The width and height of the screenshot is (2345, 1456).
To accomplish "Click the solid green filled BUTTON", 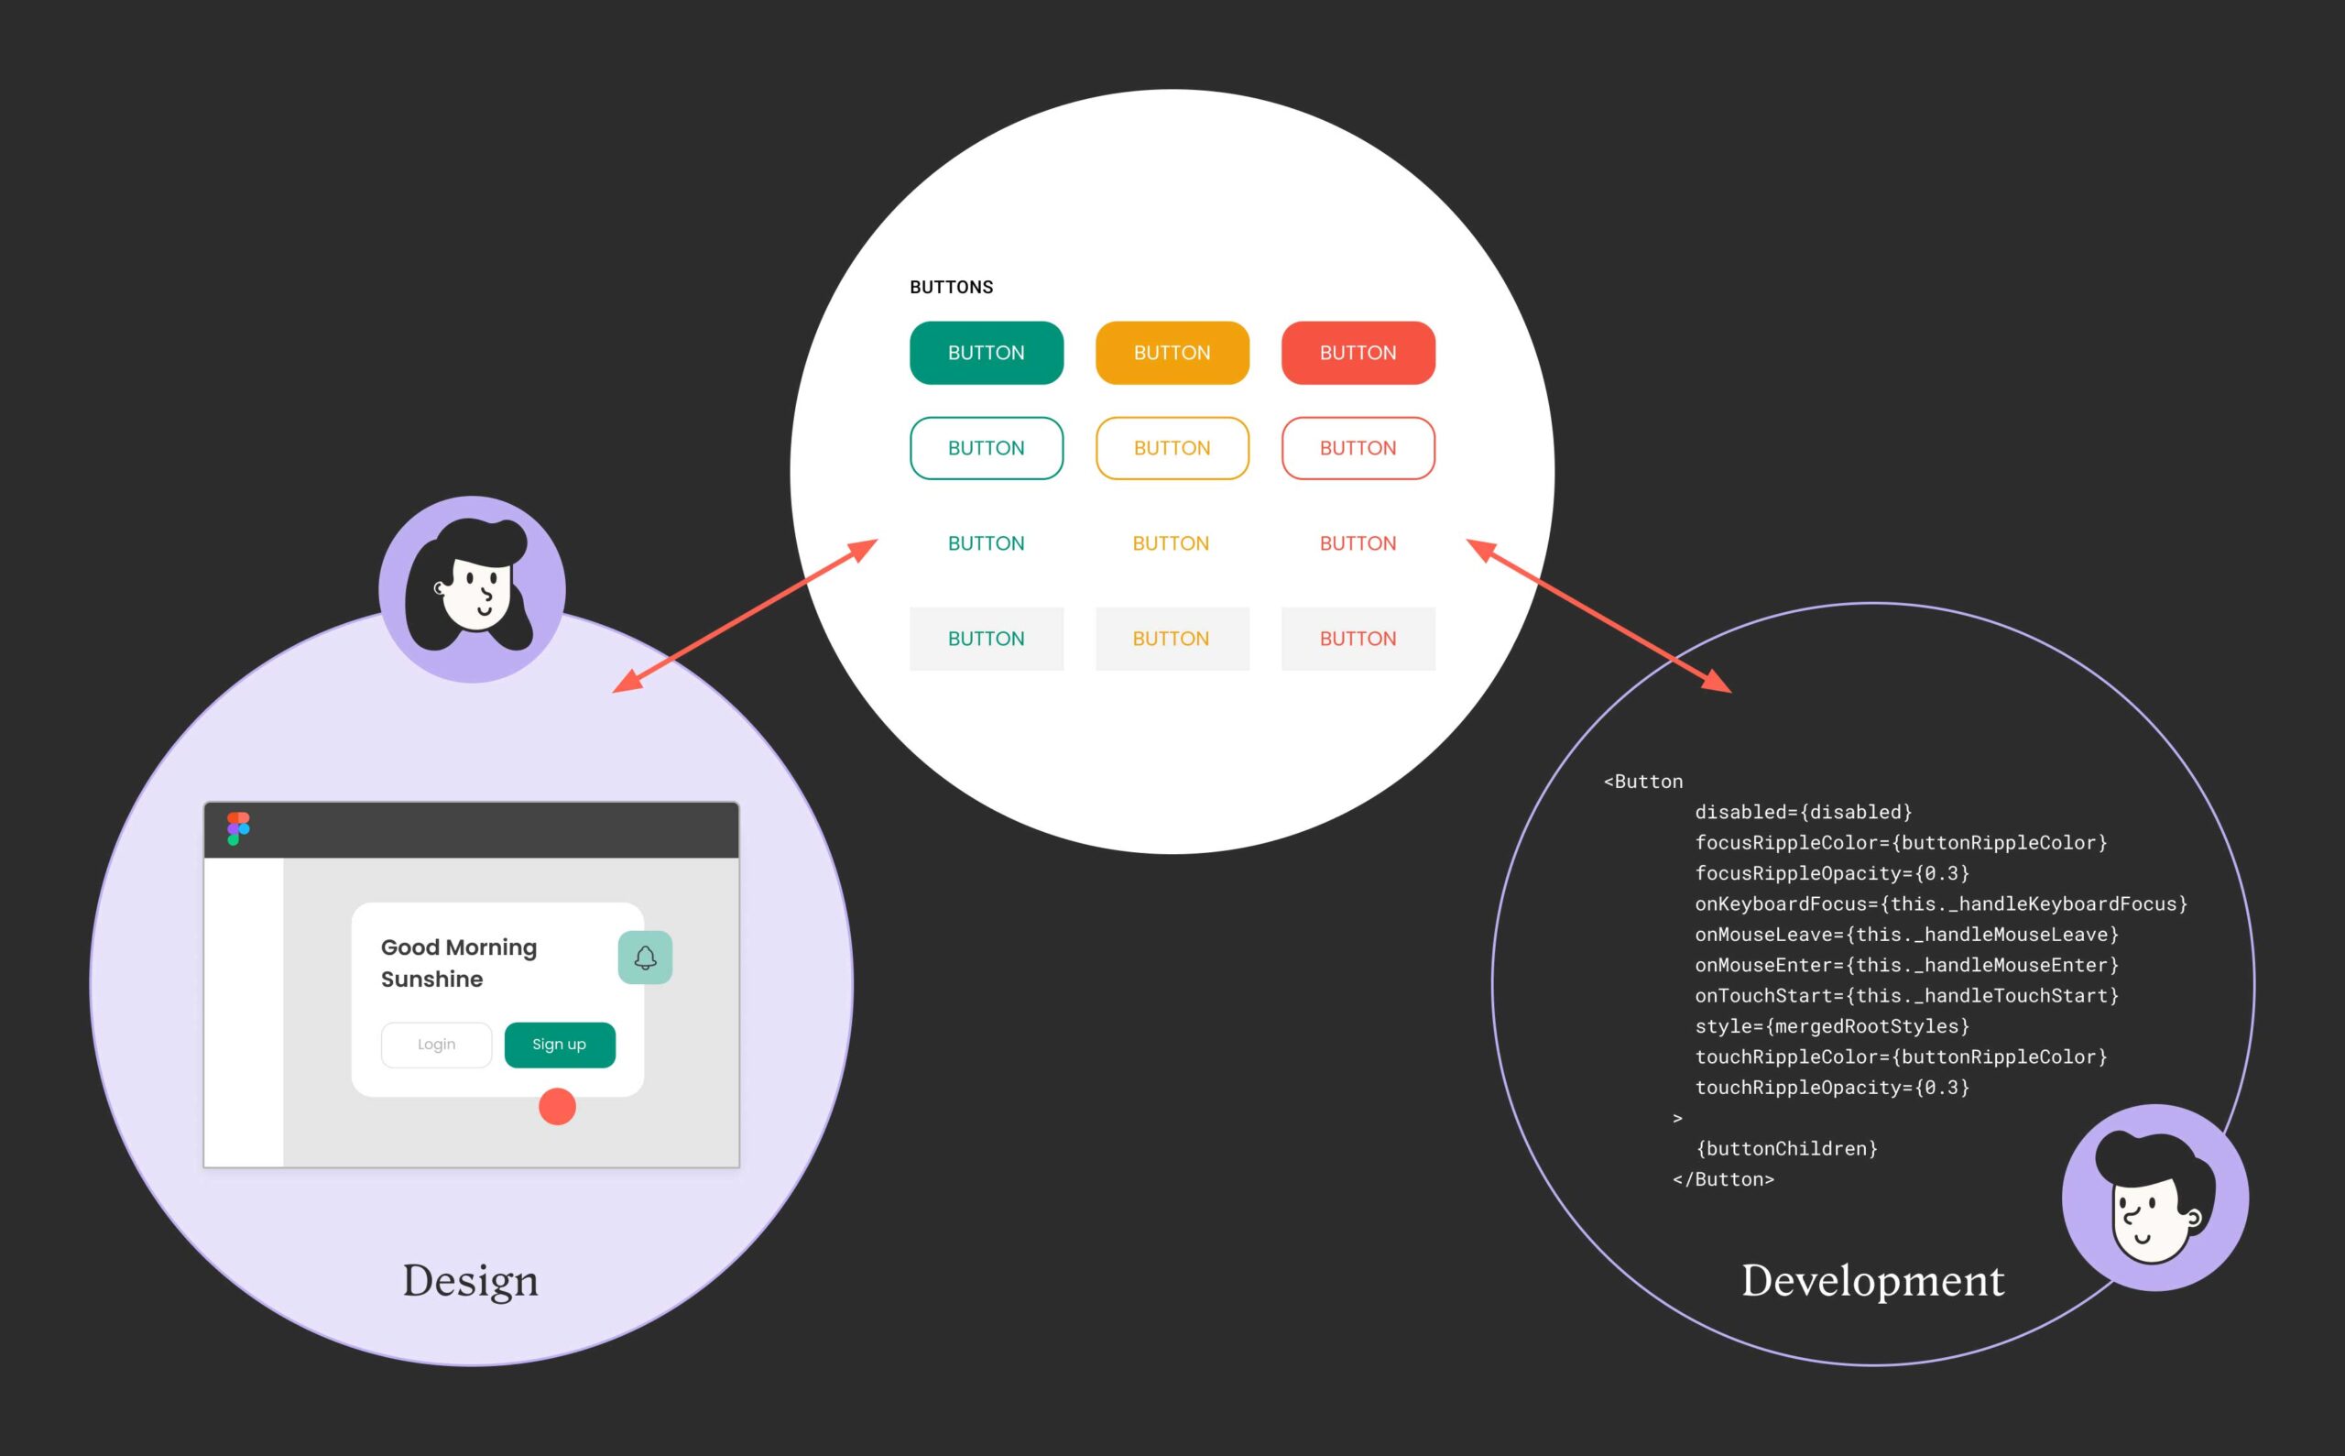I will pyautogui.click(x=986, y=353).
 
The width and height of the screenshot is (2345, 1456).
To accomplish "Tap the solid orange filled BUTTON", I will pyautogui.click(x=1172, y=353).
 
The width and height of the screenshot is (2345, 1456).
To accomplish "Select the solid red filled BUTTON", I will pyautogui.click(x=1358, y=353).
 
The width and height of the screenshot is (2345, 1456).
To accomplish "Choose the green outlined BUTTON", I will pyautogui.click(x=986, y=448).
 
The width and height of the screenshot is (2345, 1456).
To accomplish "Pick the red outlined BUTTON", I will pyautogui.click(x=1358, y=448).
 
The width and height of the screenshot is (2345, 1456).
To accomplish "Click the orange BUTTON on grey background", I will pyautogui.click(x=1172, y=639).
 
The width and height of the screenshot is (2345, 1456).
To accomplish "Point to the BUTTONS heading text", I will pyautogui.click(x=951, y=287).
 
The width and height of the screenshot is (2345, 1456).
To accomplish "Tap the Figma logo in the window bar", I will pyautogui.click(x=238, y=828).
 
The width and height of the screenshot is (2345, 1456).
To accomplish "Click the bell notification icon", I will pyautogui.click(x=645, y=958).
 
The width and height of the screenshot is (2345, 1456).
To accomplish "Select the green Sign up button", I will pyautogui.click(x=560, y=1045).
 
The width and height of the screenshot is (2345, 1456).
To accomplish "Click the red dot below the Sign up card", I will pyautogui.click(x=556, y=1107).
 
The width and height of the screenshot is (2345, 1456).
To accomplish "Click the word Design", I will pyautogui.click(x=470, y=1281).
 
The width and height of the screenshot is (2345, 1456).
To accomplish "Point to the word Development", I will pyautogui.click(x=1872, y=1281).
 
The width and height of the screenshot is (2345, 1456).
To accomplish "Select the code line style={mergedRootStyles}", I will pyautogui.click(x=1831, y=1026).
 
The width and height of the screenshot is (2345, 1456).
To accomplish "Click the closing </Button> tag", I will pyautogui.click(x=1723, y=1179).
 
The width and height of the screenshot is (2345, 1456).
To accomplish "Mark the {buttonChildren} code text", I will pyautogui.click(x=1786, y=1149).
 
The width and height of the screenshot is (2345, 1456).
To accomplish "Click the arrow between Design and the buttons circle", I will pyautogui.click(x=745, y=617).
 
